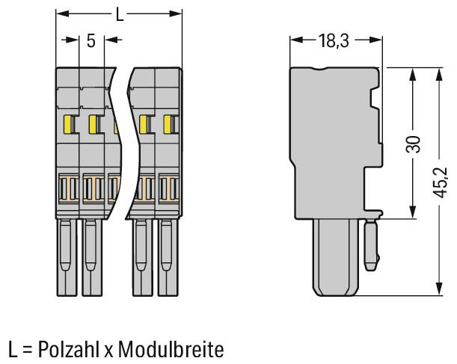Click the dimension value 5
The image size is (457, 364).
91,40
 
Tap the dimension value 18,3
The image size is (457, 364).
333,41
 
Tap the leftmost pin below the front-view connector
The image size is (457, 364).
67,258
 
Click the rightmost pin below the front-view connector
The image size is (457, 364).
168,258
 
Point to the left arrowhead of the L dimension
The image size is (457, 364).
61,13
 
